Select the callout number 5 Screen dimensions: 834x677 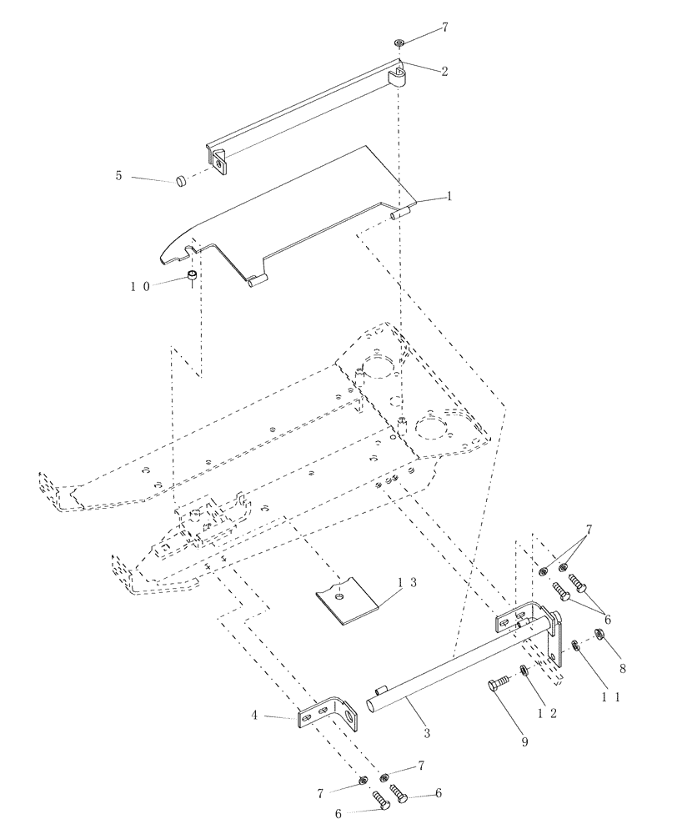tap(118, 176)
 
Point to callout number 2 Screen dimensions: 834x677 tap(444, 72)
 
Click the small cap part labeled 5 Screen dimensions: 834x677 tap(179, 180)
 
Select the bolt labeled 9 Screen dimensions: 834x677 tap(494, 686)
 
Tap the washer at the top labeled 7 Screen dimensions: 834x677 tap(400, 42)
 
